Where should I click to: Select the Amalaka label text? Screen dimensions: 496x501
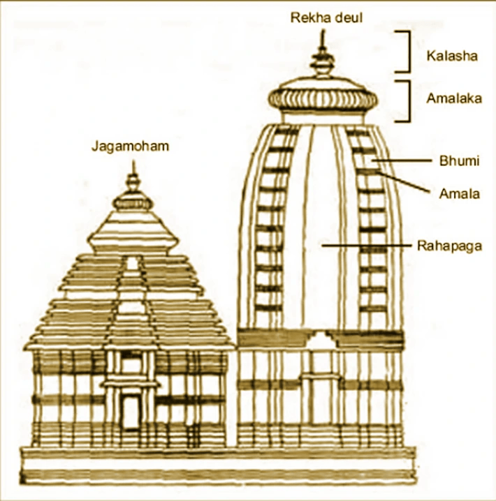click(x=454, y=98)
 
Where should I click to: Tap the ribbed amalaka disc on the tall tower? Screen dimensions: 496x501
click(x=323, y=97)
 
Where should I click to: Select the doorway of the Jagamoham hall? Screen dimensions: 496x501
click(x=131, y=412)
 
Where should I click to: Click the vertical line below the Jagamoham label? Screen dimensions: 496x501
click(x=133, y=162)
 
